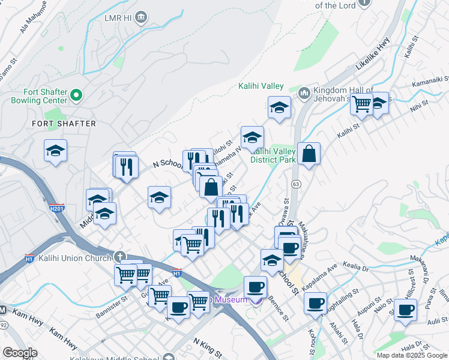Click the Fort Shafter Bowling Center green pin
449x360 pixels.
pyautogui.click(x=76, y=95)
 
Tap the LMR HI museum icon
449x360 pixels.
pyautogui.click(x=141, y=17)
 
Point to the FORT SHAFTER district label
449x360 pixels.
pyautogui.click(x=64, y=124)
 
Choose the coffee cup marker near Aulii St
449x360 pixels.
pyautogui.click(x=406, y=310)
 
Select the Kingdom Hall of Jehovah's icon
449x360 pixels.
pyautogui.click(x=304, y=92)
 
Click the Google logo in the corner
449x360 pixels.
pyautogui.click(x=20, y=353)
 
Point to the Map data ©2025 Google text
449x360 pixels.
pyautogui.click(x=412, y=355)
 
